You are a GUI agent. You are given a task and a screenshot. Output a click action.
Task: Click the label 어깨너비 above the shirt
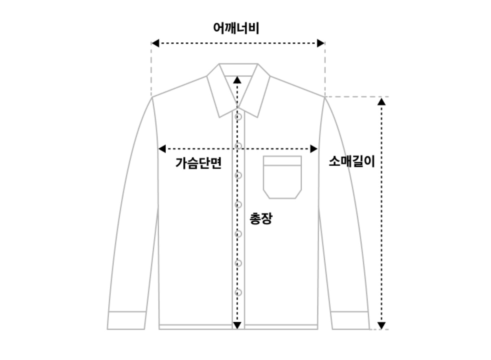coord(236,28)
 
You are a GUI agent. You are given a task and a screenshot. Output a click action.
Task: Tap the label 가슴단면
coord(198,163)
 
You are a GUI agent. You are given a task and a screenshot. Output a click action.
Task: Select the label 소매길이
coord(351,161)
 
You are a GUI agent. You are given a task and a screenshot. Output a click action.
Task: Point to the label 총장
coord(261,218)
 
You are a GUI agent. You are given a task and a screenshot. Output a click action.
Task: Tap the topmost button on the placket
coord(239,117)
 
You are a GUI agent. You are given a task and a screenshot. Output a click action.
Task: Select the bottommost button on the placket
coord(239,292)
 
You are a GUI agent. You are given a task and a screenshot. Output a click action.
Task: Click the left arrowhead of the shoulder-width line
coord(155,43)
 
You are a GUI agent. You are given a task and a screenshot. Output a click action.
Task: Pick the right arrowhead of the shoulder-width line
coord(321,43)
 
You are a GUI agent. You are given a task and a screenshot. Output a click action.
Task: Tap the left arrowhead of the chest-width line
coord(162,149)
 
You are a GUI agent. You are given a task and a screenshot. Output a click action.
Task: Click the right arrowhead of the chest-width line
coord(314,149)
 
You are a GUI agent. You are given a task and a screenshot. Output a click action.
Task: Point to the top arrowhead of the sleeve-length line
coord(381,101)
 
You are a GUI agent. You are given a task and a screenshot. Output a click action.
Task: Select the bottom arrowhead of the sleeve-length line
coord(381,325)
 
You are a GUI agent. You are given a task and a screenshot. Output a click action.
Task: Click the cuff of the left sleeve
coord(127,320)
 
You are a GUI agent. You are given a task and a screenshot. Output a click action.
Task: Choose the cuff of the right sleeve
coord(350,320)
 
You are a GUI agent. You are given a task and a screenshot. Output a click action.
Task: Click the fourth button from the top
coord(239,205)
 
